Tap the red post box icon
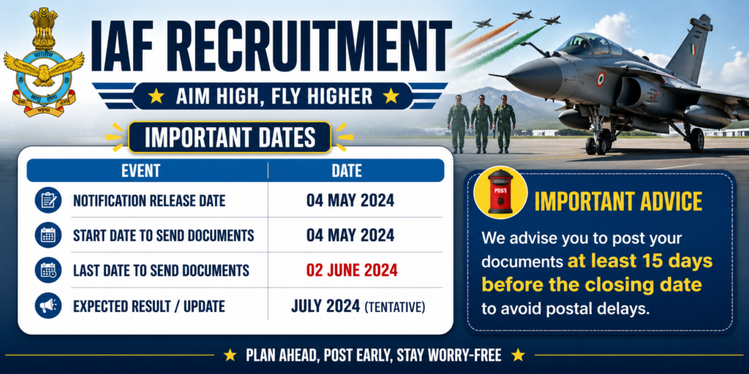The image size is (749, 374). point(500,192)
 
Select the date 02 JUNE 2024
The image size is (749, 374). point(352,270)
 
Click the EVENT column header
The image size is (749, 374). point(140,171)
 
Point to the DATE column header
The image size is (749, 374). point(346,171)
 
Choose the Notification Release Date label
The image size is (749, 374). point(149,200)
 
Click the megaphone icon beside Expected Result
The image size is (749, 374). point(48,306)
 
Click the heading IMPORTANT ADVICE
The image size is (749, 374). point(618,202)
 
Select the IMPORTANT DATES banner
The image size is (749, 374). point(230,137)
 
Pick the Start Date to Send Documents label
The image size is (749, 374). point(163,235)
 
